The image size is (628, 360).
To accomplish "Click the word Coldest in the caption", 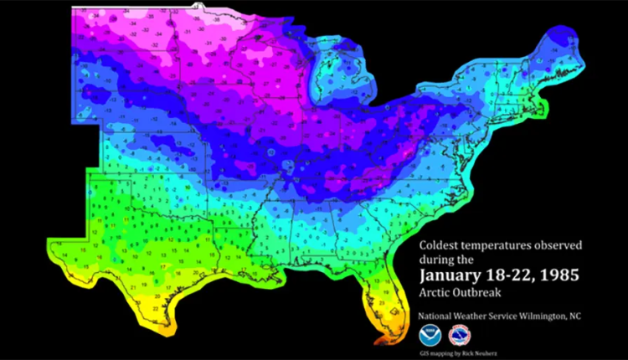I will tap(442, 247).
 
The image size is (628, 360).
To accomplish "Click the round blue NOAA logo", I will tap(429, 336).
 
